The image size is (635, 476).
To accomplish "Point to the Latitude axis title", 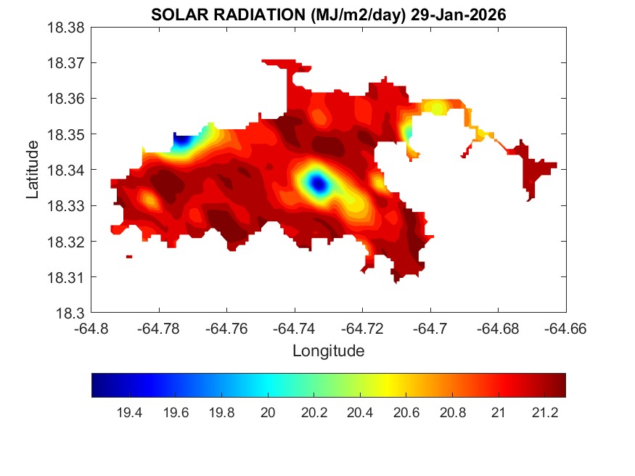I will (x=33, y=171).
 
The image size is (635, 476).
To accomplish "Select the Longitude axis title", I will (x=328, y=351).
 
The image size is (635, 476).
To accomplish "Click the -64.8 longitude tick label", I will (x=92, y=329).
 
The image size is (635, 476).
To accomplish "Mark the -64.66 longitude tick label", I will (x=566, y=329).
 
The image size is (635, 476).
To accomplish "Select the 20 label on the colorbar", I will (x=269, y=413).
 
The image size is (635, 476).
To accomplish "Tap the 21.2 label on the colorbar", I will (x=544, y=413).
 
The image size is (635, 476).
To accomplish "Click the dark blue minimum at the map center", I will (x=319, y=184).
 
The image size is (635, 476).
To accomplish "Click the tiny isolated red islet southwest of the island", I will (x=129, y=256).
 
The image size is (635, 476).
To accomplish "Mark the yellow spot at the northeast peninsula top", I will (x=438, y=108).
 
